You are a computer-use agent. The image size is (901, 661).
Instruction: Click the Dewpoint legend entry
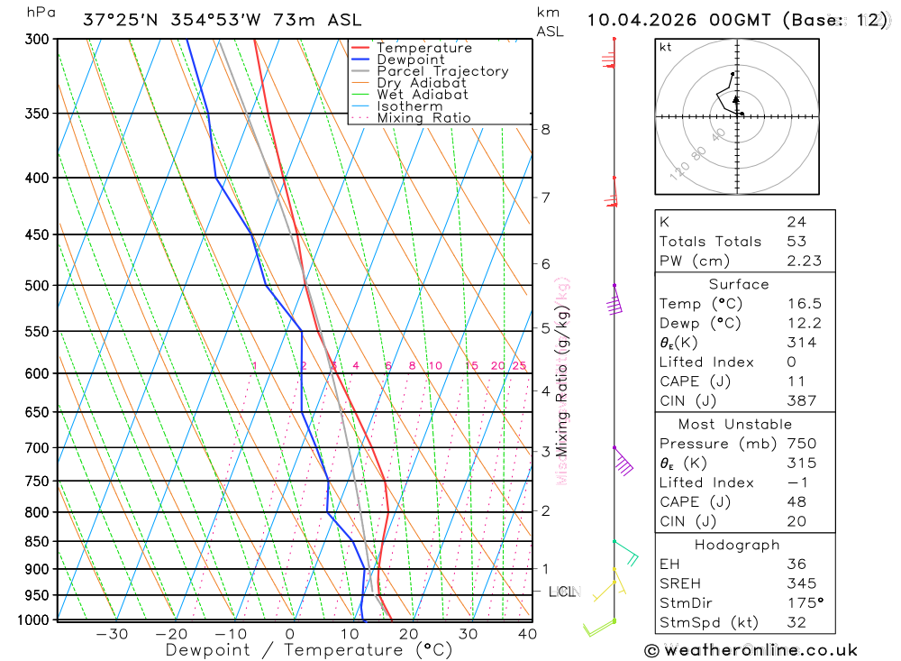(410, 60)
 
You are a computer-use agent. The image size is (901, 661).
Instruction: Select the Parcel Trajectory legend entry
(442, 71)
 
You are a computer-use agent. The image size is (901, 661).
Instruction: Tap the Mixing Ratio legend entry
(423, 118)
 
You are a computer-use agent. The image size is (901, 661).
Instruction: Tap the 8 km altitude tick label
(546, 129)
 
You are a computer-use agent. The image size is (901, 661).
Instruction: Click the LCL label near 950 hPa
(562, 592)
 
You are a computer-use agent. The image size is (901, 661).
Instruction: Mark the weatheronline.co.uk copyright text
(751, 649)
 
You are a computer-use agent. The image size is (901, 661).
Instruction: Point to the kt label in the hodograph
(666, 48)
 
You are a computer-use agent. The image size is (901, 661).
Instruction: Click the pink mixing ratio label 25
(519, 365)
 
